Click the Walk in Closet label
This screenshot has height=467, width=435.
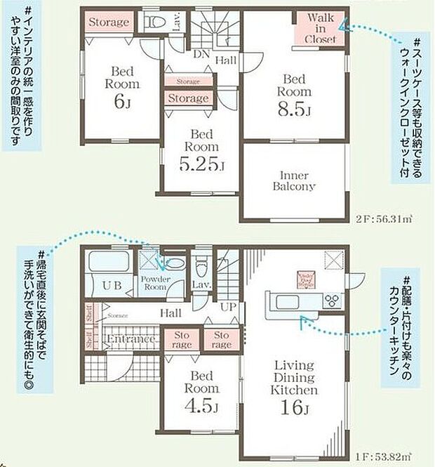[x=320, y=28]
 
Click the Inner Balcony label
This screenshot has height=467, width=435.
[x=294, y=180]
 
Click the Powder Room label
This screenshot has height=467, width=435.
[x=154, y=282]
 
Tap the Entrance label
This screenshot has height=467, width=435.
[x=131, y=340]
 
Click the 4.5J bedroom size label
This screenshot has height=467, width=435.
[x=202, y=407]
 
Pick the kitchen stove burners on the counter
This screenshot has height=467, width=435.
[x=330, y=302]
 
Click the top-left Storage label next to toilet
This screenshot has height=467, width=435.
[x=109, y=22]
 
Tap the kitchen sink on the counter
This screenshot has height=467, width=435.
[x=289, y=302]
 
